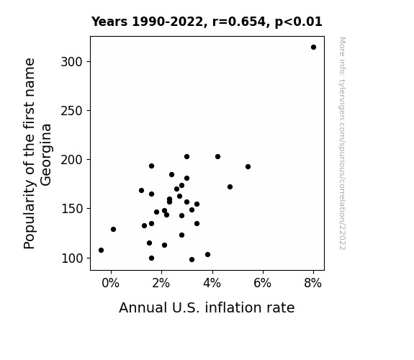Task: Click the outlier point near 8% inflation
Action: point(313,48)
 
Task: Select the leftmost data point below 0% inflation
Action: point(101,250)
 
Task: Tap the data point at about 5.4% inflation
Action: point(248,166)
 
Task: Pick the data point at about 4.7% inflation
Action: point(230,186)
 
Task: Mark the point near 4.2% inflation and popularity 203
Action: point(218,157)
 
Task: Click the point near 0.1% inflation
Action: point(113,229)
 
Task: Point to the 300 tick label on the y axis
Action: point(72,62)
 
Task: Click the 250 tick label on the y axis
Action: point(72,111)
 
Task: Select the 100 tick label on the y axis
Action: point(72,258)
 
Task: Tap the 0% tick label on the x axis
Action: point(111,283)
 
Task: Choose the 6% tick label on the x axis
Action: point(263,283)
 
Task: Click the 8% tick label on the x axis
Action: point(313,283)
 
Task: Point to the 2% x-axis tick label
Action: point(161,283)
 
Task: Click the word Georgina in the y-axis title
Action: point(46,155)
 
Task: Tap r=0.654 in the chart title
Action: point(239,22)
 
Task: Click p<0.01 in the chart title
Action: point(299,22)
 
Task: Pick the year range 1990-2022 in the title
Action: point(168,22)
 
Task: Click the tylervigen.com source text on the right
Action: point(343,143)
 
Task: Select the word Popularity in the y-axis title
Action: point(29,215)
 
